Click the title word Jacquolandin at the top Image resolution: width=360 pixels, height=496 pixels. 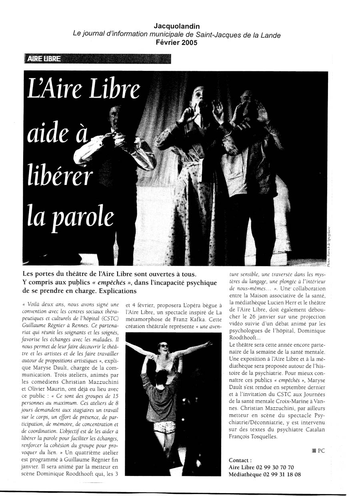(x=176, y=26)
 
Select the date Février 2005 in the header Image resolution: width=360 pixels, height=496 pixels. (x=176, y=43)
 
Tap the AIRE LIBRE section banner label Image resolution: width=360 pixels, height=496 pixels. (x=44, y=59)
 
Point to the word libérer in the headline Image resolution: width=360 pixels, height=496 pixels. (x=60, y=176)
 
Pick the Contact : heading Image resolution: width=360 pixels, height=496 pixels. (x=240, y=460)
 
